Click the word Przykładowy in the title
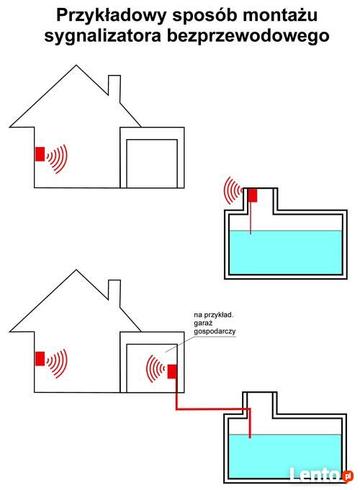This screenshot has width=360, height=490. coord(111,16)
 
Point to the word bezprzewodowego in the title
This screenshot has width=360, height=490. coord(248,36)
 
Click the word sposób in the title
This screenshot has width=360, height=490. coord(204,16)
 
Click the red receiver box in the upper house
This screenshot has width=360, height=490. coord(40,154)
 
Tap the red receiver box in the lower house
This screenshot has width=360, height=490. coord(40,358)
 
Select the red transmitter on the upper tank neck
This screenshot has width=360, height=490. coord(253,195)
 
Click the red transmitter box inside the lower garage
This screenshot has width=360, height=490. coord(172,372)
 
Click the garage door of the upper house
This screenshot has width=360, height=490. coord(152,164)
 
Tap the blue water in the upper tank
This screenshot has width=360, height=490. coord(286,252)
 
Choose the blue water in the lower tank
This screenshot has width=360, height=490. coord(285,456)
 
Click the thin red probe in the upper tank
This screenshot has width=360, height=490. coord(251,218)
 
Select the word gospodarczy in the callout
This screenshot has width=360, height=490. coord(215,331)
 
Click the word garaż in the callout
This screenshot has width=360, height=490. coord(203,323)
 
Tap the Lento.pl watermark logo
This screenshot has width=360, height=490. coord(321,475)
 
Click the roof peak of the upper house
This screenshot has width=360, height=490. coord(76,66)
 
